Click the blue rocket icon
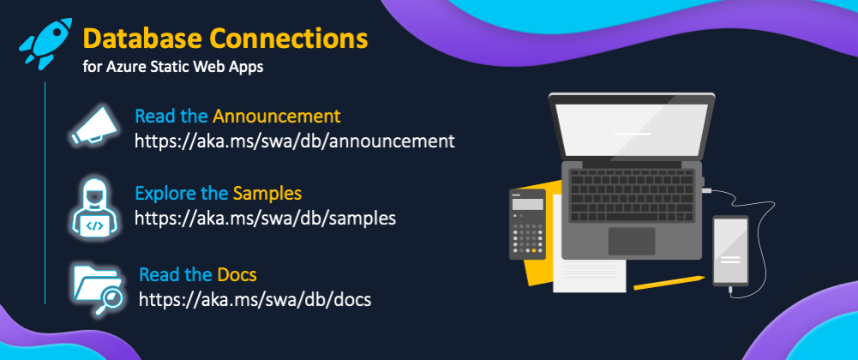tap(46, 43)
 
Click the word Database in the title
tap(142, 39)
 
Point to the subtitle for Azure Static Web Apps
tap(173, 68)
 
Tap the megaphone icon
tap(94, 126)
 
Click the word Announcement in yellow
tap(276, 116)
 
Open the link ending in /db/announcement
tap(294, 141)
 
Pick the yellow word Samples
tap(267, 193)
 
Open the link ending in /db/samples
tap(265, 219)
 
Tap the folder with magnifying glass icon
tap(99, 289)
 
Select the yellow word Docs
tap(237, 274)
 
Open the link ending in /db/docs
tap(255, 299)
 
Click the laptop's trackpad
tap(632, 241)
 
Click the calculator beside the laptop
tap(527, 225)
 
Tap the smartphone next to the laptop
tap(730, 251)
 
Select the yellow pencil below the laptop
tap(669, 282)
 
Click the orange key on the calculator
tap(534, 250)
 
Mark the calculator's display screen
tap(527, 205)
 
